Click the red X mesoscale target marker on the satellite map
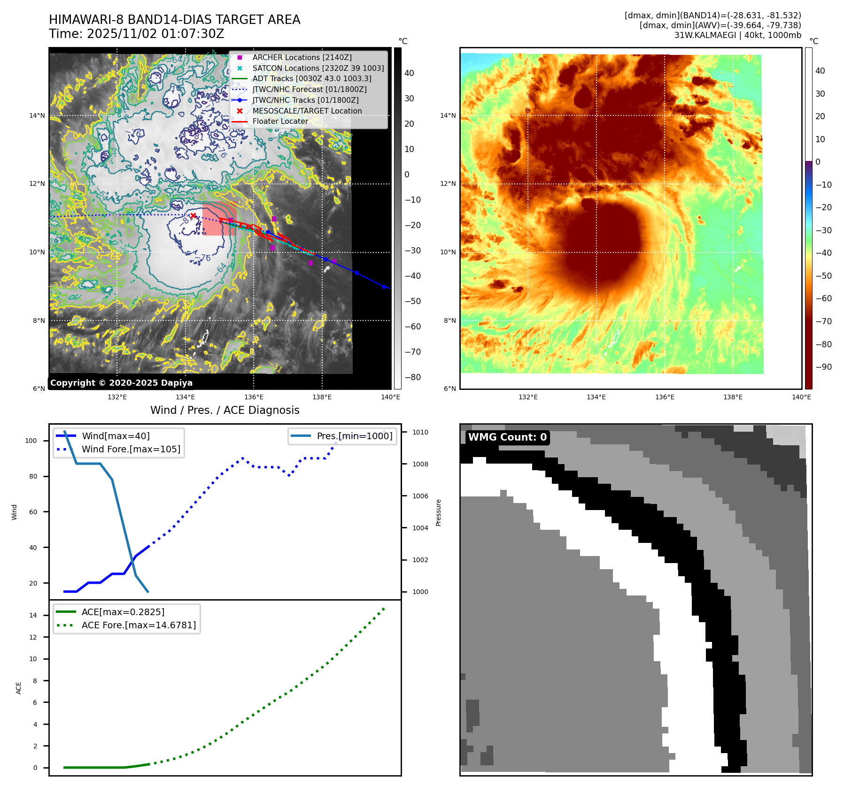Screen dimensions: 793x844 point(193,215)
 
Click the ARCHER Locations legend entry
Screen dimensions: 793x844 point(302,57)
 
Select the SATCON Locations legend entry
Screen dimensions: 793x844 point(317,68)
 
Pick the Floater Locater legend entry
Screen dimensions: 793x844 point(280,121)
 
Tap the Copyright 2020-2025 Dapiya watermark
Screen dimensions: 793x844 point(121,383)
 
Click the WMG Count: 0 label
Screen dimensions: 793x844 point(507,437)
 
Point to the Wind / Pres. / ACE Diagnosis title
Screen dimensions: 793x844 point(225,410)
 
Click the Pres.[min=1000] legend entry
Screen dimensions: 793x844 point(354,436)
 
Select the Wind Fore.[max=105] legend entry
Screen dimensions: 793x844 point(131,449)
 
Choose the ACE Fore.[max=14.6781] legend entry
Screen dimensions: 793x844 point(139,625)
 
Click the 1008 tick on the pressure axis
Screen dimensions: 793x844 point(420,464)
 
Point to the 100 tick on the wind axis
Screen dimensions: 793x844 point(31,441)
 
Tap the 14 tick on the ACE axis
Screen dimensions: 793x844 point(33,615)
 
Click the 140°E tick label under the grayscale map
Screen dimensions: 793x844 point(390,397)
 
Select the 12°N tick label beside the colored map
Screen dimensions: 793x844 point(448,183)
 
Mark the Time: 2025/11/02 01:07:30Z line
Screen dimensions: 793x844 point(136,34)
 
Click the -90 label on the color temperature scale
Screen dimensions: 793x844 point(824,367)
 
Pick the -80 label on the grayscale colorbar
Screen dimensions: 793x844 point(413,377)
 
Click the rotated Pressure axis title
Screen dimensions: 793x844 point(438,512)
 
